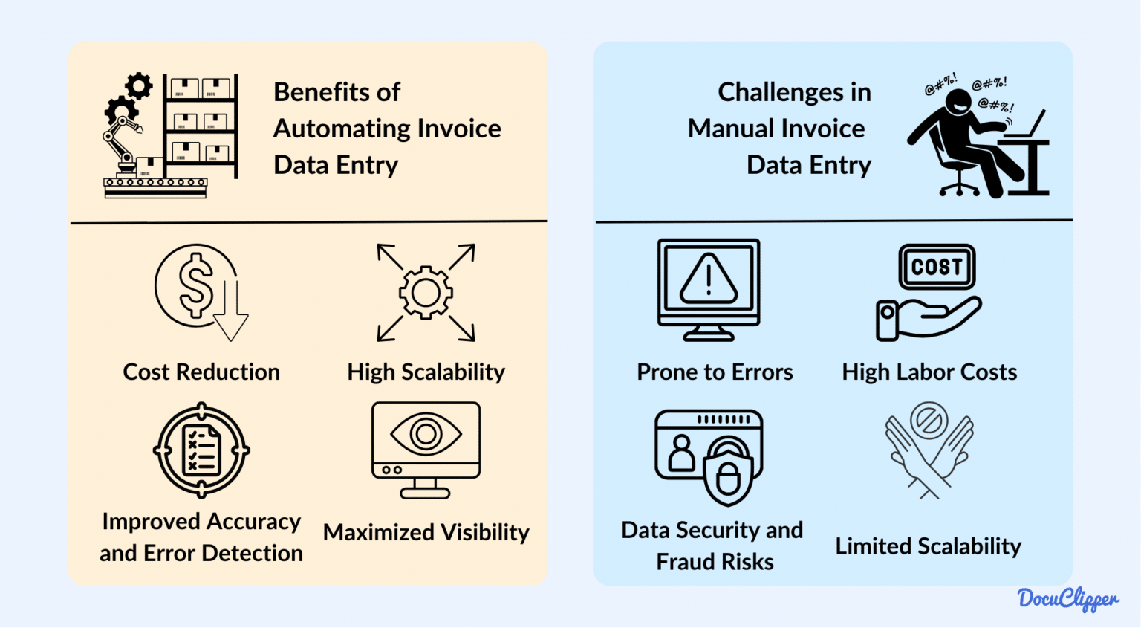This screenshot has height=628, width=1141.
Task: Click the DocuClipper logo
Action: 1067,599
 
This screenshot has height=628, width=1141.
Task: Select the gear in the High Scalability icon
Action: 426,293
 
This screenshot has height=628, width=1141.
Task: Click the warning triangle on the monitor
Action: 709,279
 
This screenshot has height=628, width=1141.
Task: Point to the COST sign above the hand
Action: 937,267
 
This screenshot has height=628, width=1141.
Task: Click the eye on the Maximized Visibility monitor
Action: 426,433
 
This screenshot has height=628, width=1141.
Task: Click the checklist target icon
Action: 201,450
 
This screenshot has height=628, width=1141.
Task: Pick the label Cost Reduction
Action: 201,372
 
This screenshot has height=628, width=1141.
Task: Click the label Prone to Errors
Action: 715,372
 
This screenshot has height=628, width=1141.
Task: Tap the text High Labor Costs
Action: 929,372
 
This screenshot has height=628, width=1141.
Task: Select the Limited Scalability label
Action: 928,546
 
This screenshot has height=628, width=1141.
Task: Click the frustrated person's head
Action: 958,102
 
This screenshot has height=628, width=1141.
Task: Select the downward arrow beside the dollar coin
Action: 231,312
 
